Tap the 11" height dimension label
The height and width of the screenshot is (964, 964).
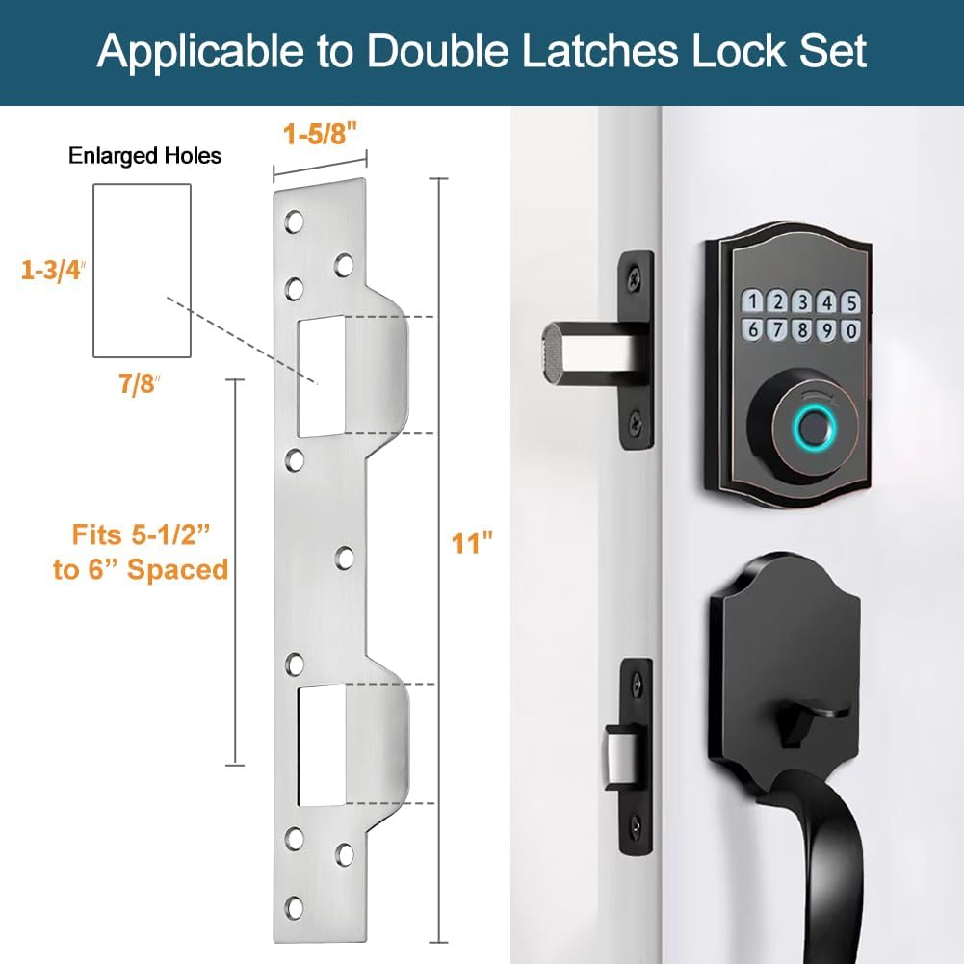(472, 543)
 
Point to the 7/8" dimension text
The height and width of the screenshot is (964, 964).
(134, 385)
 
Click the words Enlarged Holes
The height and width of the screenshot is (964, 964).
(144, 156)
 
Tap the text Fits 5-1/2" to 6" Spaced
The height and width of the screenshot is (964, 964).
(141, 552)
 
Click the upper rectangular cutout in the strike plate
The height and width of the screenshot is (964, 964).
(321, 376)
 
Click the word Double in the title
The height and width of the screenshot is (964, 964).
(442, 51)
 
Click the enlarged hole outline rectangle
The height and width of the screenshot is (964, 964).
(141, 270)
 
